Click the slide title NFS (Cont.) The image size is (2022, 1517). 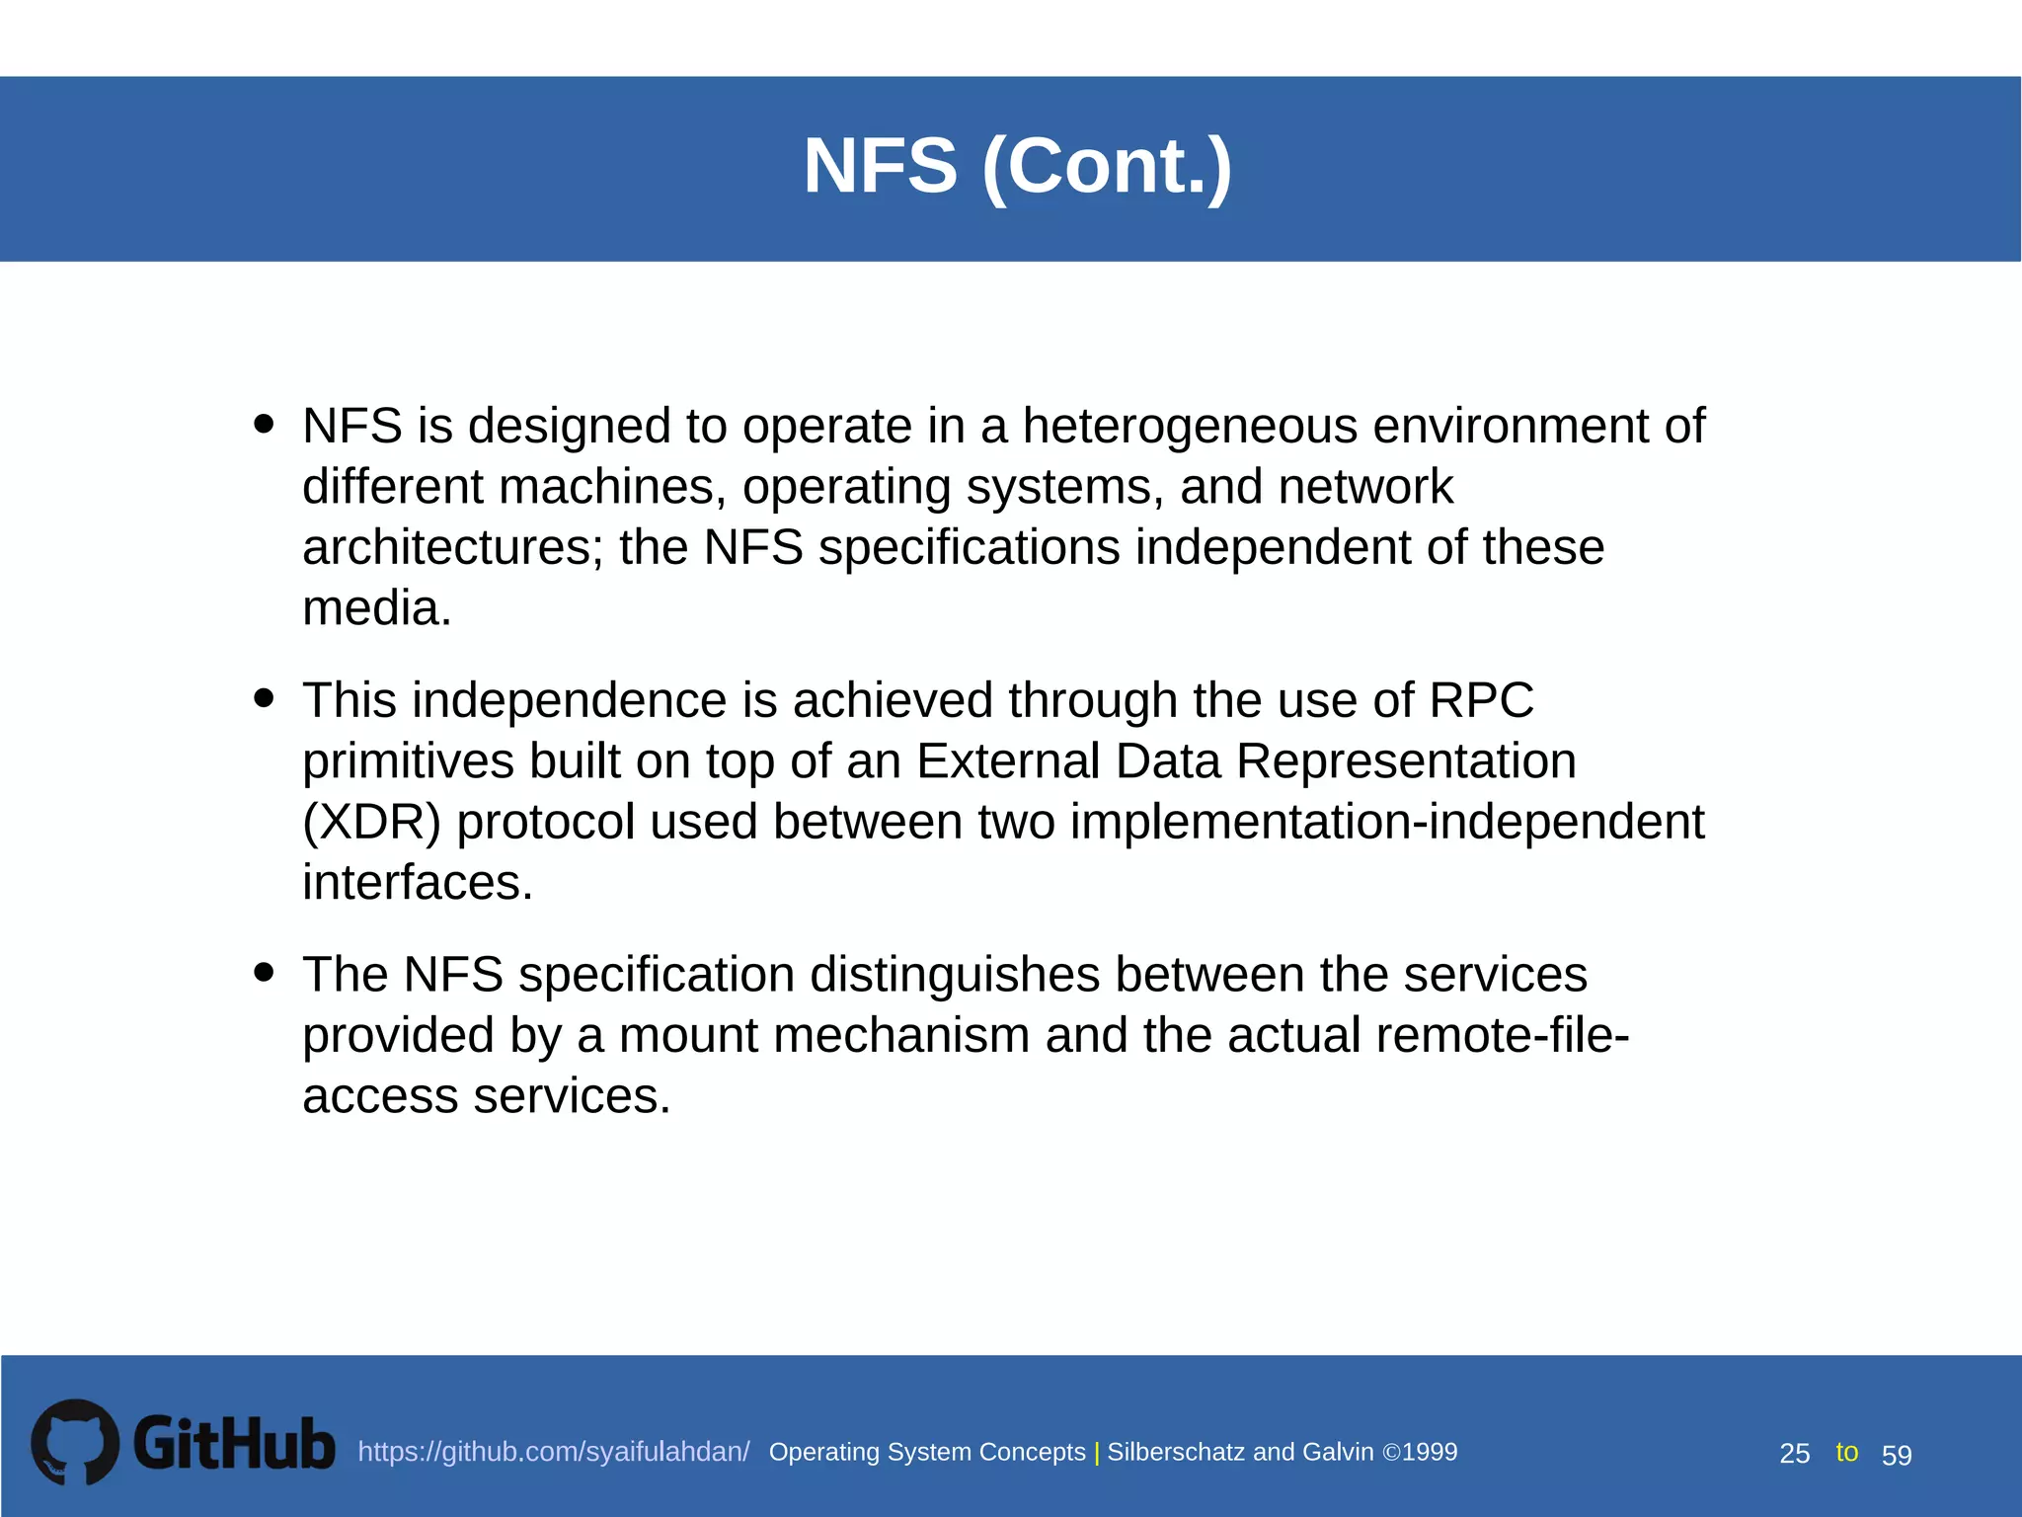tap(1017, 166)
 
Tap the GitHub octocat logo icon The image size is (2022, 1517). tap(75, 1441)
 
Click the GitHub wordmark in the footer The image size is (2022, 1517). tap(234, 1444)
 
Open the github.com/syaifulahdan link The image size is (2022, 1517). tap(553, 1452)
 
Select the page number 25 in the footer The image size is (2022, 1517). tap(1794, 1454)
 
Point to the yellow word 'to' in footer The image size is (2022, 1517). tap(1846, 1452)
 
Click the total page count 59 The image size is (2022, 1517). tap(1897, 1455)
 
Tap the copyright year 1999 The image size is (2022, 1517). tap(1430, 1452)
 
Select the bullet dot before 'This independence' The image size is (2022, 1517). tap(264, 698)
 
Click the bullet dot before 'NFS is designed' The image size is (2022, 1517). tap(264, 424)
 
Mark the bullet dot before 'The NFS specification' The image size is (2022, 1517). tap(264, 972)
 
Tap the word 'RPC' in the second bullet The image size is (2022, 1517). tap(1481, 700)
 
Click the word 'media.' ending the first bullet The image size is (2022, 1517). tap(376, 608)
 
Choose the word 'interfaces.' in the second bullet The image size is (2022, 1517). tap(417, 882)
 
